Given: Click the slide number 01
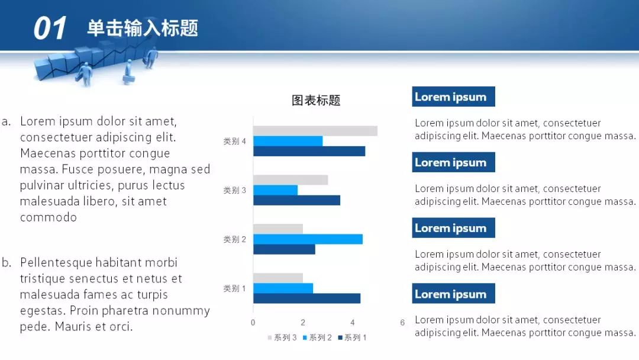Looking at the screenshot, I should pos(50,28).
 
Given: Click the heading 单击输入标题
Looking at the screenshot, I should pos(143,28).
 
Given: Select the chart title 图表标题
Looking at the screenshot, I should pos(316,101).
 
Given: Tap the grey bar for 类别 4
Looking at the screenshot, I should pos(315,131).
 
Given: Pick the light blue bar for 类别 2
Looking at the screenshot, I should pos(308,239).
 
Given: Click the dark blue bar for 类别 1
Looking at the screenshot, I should pos(306,298).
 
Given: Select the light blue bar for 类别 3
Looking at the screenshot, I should pos(275,190).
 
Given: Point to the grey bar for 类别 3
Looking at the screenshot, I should pos(291,180).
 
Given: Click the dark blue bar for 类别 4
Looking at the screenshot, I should pos(309,151).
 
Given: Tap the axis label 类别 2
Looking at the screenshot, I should pos(234,239).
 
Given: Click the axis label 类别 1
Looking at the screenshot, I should pos(234,288).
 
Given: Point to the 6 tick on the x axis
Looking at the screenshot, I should pos(402,323).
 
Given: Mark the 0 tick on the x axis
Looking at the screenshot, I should pos(253,323).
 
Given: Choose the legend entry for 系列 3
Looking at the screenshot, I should pos(283,337).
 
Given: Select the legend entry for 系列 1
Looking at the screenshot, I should pos(353,337).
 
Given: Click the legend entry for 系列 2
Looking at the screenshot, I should pos(318,337).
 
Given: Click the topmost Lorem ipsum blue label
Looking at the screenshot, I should pos(453,97).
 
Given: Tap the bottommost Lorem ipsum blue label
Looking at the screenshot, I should pos(453,294).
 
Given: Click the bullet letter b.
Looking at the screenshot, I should pos(7,263).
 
